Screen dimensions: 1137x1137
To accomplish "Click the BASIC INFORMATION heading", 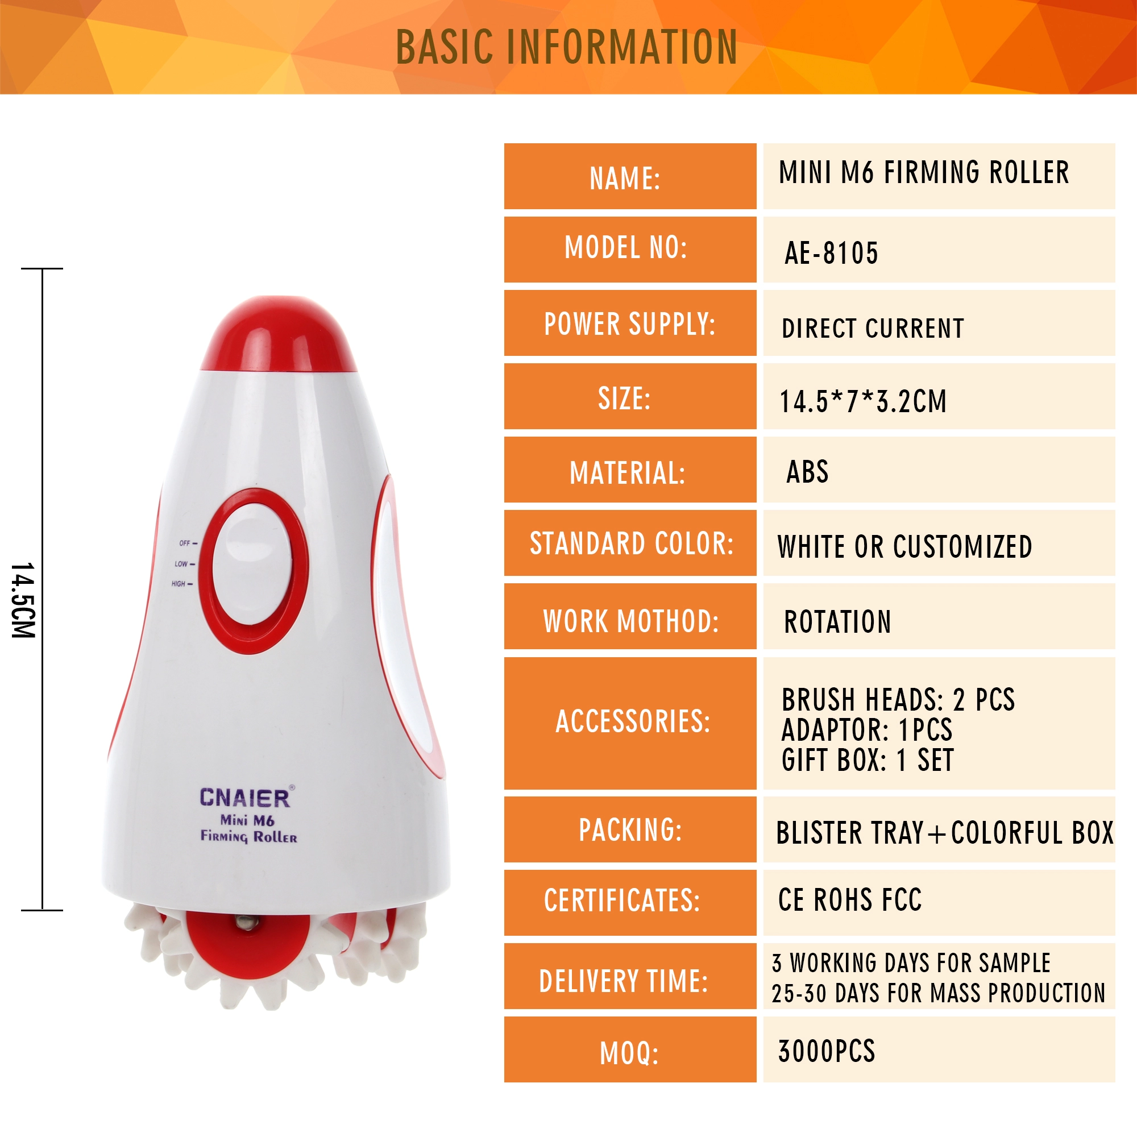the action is tap(566, 47).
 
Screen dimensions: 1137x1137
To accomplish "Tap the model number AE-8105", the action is tap(831, 253).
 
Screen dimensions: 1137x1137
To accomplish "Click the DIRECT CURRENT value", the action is tap(873, 329).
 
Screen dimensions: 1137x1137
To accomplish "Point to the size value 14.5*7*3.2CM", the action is tap(863, 401).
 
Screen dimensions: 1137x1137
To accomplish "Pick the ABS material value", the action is tap(807, 471).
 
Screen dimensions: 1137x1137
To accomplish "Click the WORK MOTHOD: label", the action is tap(631, 621).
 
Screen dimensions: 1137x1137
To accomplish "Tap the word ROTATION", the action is tap(837, 621).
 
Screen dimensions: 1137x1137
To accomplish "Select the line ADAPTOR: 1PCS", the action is tap(866, 730).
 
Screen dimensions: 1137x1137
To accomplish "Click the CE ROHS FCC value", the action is tap(850, 900).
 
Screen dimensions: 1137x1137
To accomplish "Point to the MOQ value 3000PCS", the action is tap(826, 1051).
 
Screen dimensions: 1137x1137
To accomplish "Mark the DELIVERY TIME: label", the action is tap(624, 981).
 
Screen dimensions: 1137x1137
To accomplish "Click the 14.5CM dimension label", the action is tap(23, 600).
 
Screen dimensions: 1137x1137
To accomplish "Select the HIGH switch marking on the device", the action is tap(182, 584).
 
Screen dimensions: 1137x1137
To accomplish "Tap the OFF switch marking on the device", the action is tap(188, 543).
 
